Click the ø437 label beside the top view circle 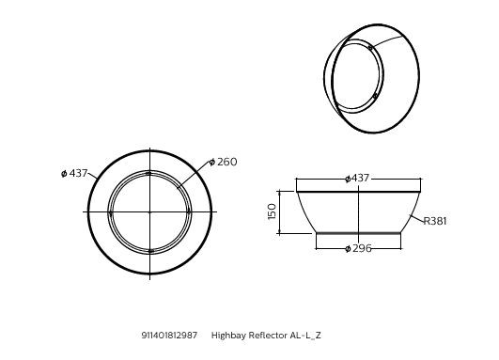click(74, 174)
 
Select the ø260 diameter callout click(223, 162)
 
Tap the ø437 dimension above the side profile click(357, 179)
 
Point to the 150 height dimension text click(273, 211)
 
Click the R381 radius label click(434, 222)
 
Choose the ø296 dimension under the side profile click(358, 248)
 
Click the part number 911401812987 click(169, 335)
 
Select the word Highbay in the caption click(227, 335)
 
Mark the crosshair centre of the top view click(149, 212)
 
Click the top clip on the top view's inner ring click(148, 173)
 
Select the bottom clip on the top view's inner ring click(149, 251)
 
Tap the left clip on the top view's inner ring click(110, 212)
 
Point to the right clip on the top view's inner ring click(188, 212)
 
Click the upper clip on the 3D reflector click(369, 47)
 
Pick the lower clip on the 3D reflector click(374, 95)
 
